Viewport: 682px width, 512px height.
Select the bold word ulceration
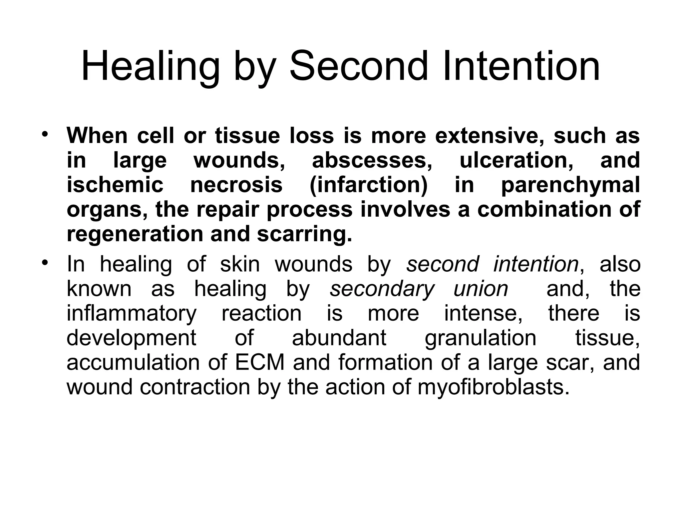click(516, 160)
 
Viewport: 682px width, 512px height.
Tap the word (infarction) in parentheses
click(369, 185)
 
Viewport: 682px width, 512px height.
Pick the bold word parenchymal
click(570, 185)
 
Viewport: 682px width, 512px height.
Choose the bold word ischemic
click(115, 185)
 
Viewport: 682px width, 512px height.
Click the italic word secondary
click(382, 289)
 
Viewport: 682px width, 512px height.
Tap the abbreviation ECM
click(260, 362)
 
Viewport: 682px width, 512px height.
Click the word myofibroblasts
click(493, 387)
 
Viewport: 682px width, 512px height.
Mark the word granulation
click(481, 338)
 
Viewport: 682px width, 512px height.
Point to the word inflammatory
click(132, 313)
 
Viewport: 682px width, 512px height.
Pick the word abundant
click(339, 338)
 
